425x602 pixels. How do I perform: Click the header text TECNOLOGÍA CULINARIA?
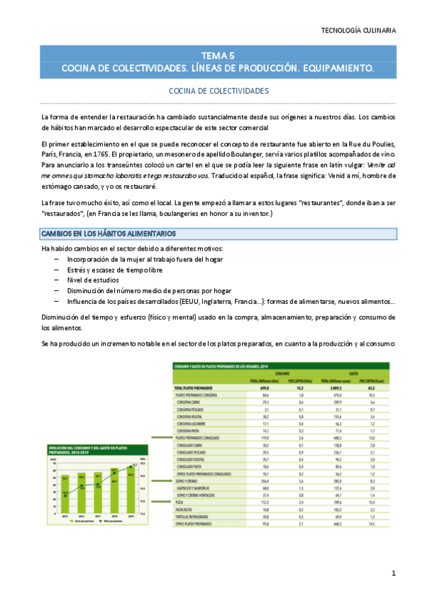pos(358,31)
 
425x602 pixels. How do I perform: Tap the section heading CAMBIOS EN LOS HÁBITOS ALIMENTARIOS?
pos(109,234)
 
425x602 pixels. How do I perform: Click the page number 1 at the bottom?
pos(393,573)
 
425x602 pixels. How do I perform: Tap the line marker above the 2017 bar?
pos(98,483)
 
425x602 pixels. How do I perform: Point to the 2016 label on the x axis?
pos(82,517)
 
